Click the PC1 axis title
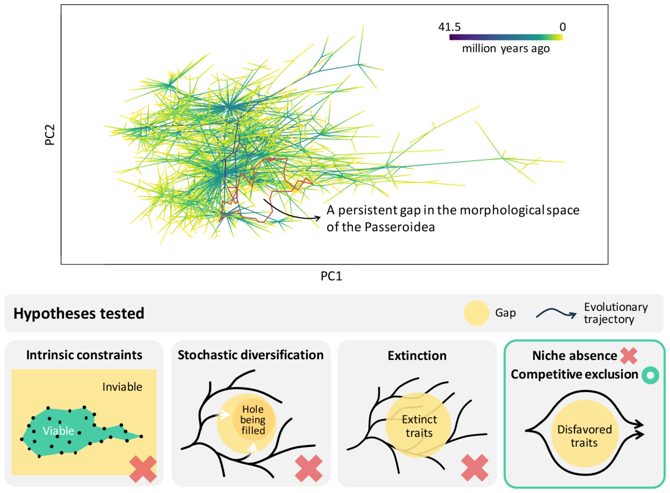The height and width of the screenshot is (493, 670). point(331,276)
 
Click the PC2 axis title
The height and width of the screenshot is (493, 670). point(50,135)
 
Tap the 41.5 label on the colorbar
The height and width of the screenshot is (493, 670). point(449,27)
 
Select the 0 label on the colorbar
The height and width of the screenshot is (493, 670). point(562,27)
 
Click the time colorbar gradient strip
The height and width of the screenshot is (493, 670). point(506,37)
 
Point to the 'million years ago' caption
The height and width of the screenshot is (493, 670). point(506,49)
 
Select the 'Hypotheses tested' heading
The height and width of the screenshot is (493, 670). point(79,313)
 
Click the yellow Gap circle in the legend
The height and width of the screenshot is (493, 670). point(476,313)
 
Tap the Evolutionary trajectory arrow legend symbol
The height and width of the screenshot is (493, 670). point(556,313)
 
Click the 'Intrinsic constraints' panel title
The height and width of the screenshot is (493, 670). point(84,355)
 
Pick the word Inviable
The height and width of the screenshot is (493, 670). point(122,387)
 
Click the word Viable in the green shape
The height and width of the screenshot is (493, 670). point(58,431)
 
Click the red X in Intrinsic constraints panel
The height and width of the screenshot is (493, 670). point(143,469)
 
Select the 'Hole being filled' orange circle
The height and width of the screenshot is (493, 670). point(253,420)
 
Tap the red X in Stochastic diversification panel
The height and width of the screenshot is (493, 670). point(309,468)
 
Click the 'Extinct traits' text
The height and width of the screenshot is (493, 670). point(419,426)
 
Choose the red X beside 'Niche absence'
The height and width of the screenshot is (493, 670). point(628,356)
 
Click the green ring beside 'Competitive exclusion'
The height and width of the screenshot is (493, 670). point(650,375)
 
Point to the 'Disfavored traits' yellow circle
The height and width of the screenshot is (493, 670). point(584,434)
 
